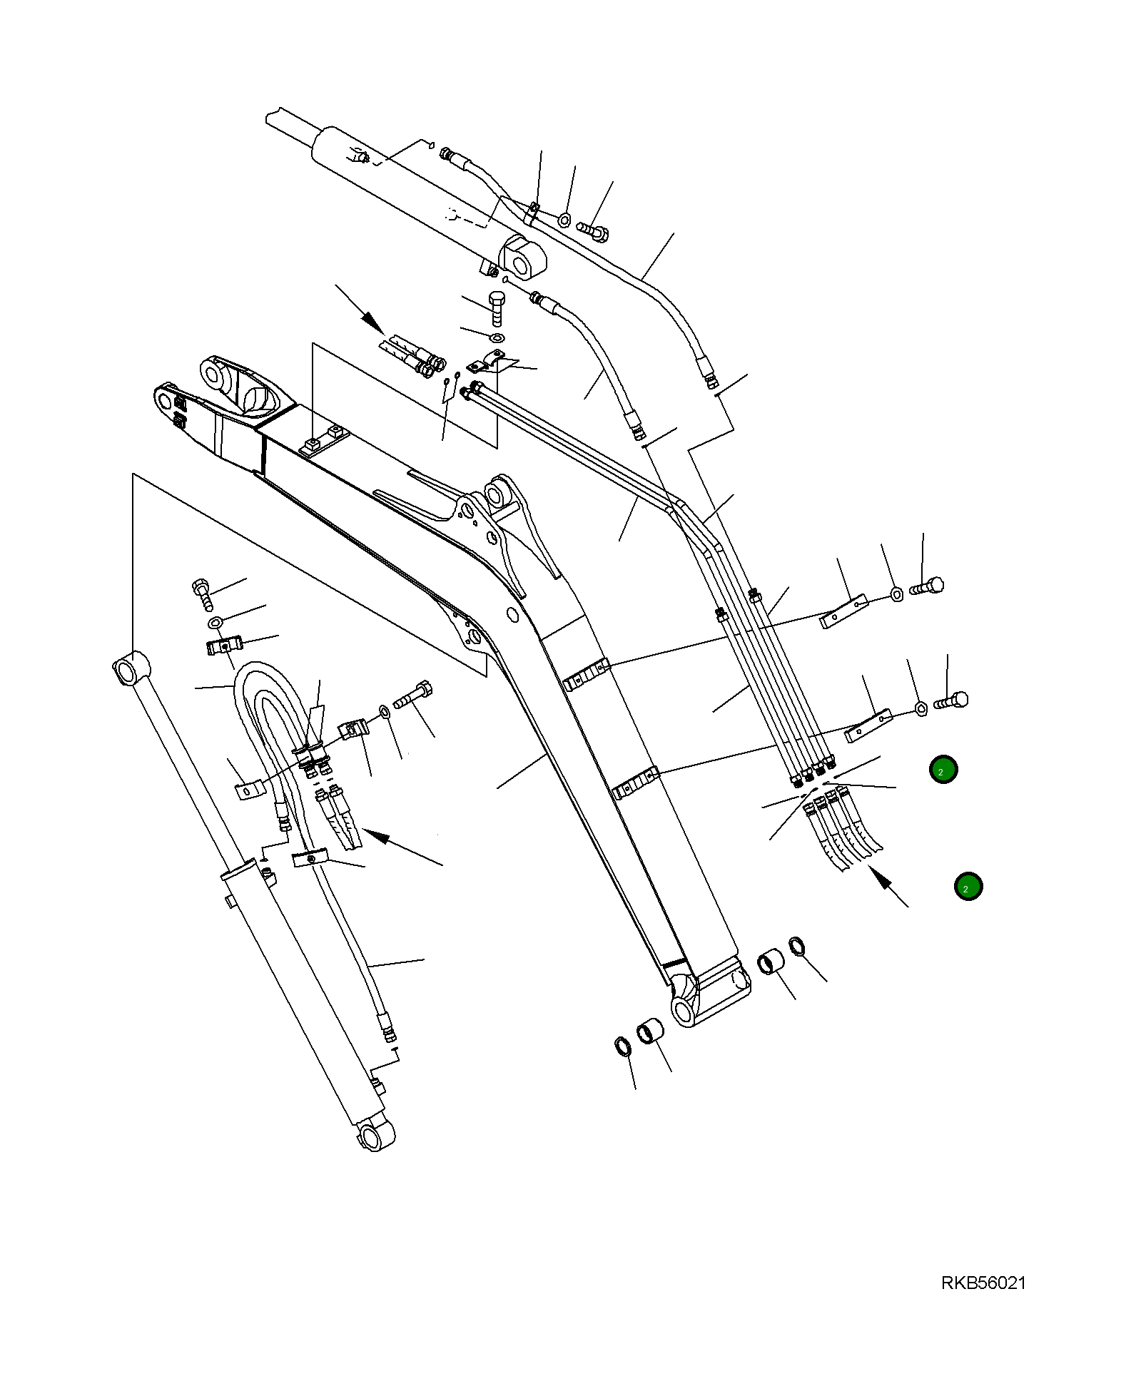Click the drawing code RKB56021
tap(983, 1283)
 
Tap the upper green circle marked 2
tap(943, 770)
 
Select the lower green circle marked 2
tap(968, 887)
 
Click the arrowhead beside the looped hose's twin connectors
tap(377, 836)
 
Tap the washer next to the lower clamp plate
tap(920, 708)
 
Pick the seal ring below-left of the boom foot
tap(623, 1047)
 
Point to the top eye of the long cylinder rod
tap(131, 669)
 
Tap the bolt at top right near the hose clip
tap(593, 230)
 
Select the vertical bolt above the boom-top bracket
tap(496, 308)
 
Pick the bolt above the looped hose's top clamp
tap(203, 593)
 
